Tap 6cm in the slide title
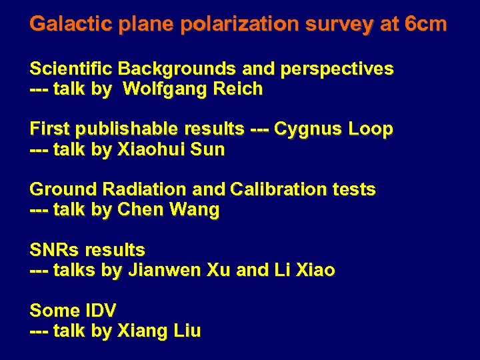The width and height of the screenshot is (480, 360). point(425,25)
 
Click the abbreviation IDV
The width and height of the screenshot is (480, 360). point(101,311)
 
